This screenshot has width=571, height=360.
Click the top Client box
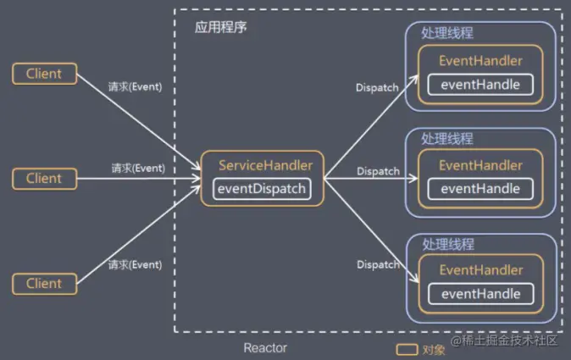tap(43, 74)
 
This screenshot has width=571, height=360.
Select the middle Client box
tap(43, 179)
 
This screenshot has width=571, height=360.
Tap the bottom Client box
tap(43, 283)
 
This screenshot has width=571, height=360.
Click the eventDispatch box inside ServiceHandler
tap(262, 188)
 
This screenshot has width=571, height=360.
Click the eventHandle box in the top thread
tap(480, 85)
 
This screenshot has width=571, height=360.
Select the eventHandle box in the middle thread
tap(480, 189)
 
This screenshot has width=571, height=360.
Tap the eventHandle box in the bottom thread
tap(480, 294)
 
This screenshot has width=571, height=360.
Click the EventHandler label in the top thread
tap(480, 61)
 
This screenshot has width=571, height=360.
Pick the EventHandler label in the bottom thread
tap(480, 270)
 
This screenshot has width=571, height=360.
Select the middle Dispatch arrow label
tap(378, 171)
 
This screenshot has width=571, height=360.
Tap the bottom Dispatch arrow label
tap(378, 264)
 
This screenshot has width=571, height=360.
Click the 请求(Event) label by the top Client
tap(135, 86)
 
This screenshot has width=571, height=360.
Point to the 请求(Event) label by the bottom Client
tap(135, 264)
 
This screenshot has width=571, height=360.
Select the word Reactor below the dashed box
tap(264, 348)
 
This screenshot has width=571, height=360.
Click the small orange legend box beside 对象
tap(407, 349)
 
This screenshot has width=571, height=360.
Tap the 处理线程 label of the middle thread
tap(447, 138)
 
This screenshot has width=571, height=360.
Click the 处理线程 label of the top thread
tap(447, 33)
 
